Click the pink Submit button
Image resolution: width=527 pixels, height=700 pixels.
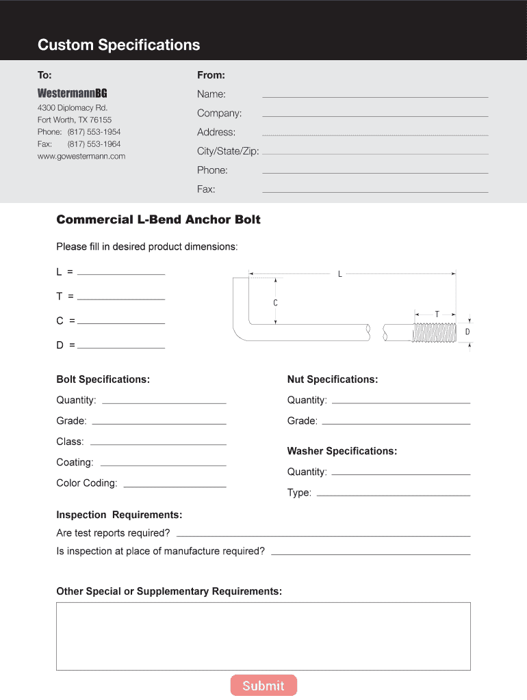[x=263, y=686]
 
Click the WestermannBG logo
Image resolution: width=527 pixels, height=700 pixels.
[x=72, y=93]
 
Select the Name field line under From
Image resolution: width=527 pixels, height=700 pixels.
[x=375, y=96]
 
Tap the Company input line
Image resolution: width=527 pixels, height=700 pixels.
[x=375, y=115]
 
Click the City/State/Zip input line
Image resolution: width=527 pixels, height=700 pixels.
[x=375, y=153]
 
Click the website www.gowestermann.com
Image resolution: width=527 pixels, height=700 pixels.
[x=81, y=156]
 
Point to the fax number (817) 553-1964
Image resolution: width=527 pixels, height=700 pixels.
[x=94, y=144]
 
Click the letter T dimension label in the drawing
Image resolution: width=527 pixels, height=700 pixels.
[x=437, y=314]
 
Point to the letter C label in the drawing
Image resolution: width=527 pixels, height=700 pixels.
[x=275, y=302]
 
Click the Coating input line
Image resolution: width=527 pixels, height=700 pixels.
[x=163, y=465]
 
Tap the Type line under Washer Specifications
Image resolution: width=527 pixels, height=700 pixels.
[x=393, y=494]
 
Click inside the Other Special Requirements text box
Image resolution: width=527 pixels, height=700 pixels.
[x=263, y=636]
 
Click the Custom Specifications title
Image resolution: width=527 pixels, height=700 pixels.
[x=119, y=45]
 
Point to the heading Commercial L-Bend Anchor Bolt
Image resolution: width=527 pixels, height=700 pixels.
[x=158, y=219]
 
